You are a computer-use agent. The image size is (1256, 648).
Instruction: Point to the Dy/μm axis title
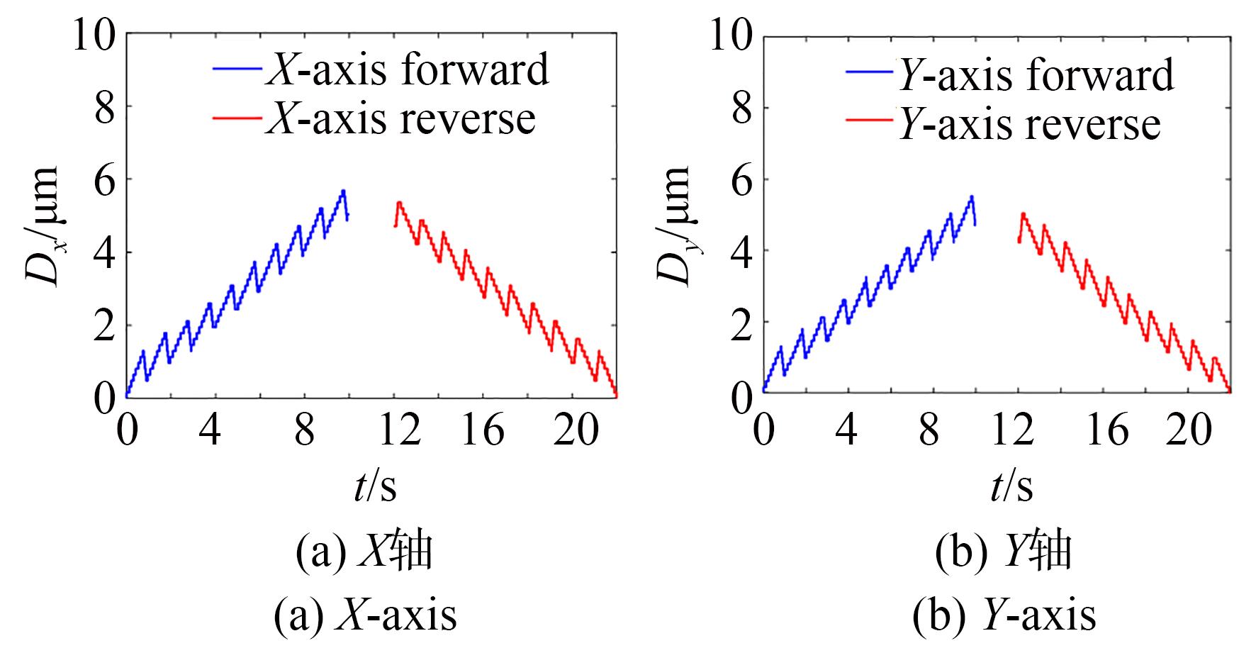click(674, 225)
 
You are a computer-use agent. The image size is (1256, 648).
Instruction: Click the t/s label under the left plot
click(375, 486)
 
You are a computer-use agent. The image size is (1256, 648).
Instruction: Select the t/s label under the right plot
click(1011, 486)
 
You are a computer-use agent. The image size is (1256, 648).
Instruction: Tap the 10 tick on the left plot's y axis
click(94, 35)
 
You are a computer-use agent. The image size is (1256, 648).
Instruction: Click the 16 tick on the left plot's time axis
click(483, 430)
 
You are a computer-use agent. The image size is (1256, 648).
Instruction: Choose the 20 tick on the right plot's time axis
click(1189, 430)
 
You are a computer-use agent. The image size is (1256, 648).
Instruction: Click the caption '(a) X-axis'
click(366, 615)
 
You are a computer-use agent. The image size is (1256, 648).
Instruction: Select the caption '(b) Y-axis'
click(1004, 615)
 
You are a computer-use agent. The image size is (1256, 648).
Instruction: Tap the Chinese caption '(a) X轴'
click(364, 552)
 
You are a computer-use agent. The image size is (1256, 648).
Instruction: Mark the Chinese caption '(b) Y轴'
click(1003, 552)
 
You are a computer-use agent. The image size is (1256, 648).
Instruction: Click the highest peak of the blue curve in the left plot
click(343, 191)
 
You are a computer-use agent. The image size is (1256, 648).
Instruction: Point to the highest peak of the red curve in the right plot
click(1023, 213)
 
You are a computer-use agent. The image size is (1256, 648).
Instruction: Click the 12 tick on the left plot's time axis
click(400, 430)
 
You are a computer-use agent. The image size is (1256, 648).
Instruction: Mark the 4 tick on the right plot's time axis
click(847, 430)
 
